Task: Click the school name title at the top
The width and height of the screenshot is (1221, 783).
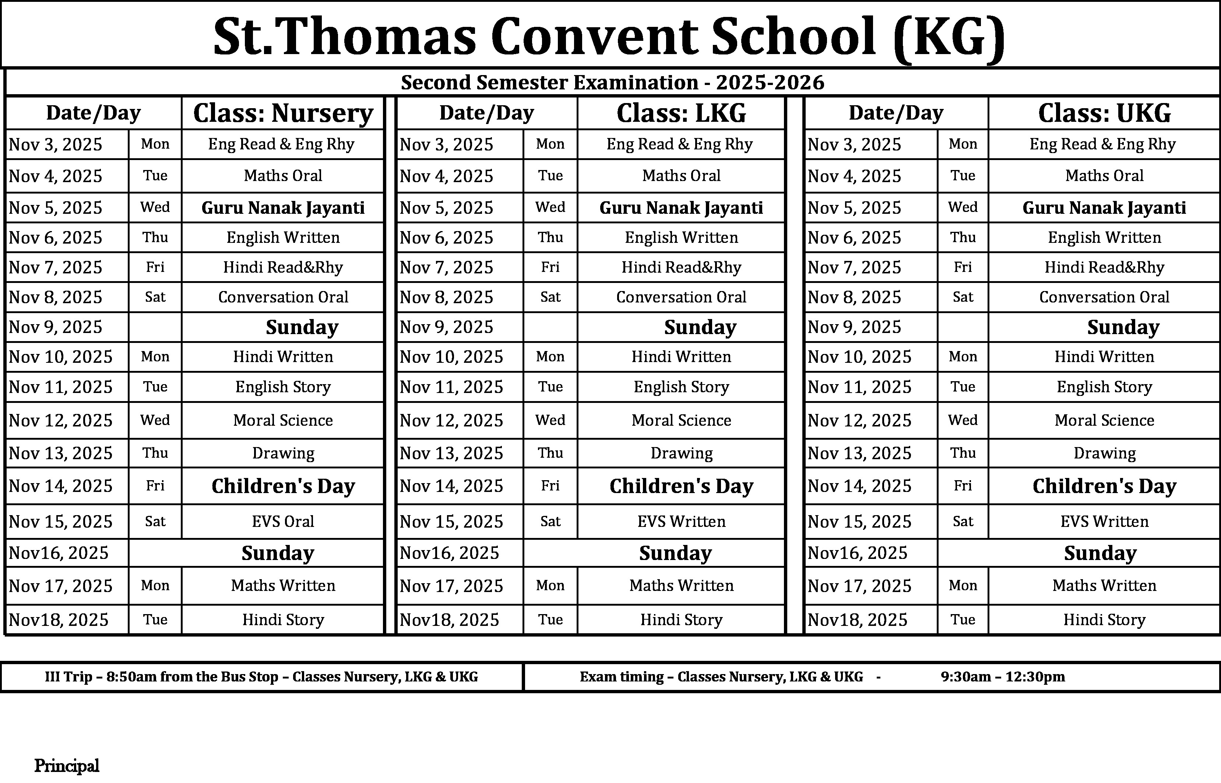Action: [x=608, y=36]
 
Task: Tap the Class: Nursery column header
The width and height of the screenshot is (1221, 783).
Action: [x=283, y=113]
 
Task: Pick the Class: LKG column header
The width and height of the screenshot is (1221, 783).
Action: [x=681, y=113]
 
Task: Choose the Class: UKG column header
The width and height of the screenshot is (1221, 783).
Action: [x=1104, y=113]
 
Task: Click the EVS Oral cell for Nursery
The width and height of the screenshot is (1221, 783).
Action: [x=283, y=521]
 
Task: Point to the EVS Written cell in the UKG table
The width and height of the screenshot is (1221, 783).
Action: [x=1104, y=521]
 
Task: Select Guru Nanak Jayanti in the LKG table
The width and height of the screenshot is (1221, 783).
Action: [x=681, y=208]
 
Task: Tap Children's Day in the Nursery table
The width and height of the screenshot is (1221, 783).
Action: [x=283, y=486]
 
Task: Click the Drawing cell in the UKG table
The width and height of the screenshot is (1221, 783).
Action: [x=1104, y=453]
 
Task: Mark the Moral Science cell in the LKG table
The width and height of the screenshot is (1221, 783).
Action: [x=681, y=420]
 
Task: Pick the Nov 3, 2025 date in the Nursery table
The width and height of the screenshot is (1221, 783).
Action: [x=56, y=144]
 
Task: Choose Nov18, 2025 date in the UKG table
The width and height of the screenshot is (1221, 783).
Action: [x=857, y=620]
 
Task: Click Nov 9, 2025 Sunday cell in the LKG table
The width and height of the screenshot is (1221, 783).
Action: [x=700, y=327]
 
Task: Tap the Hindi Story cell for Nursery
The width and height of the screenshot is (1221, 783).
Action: [x=283, y=620]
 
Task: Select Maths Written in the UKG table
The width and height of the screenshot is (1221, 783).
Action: [x=1104, y=586]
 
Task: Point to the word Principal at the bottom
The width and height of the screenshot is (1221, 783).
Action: [x=67, y=766]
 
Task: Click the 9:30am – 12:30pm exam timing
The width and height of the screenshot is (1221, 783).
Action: [x=1002, y=677]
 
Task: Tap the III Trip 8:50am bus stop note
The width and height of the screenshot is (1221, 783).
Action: [x=261, y=677]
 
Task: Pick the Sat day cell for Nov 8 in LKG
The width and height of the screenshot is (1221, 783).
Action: [x=550, y=297]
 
